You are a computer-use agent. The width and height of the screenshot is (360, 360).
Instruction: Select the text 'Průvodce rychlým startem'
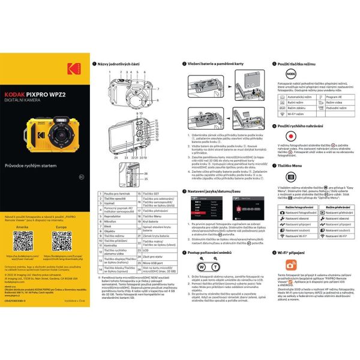coord(29,165)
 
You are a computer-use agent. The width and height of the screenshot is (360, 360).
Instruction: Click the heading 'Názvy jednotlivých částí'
coord(120,64)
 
